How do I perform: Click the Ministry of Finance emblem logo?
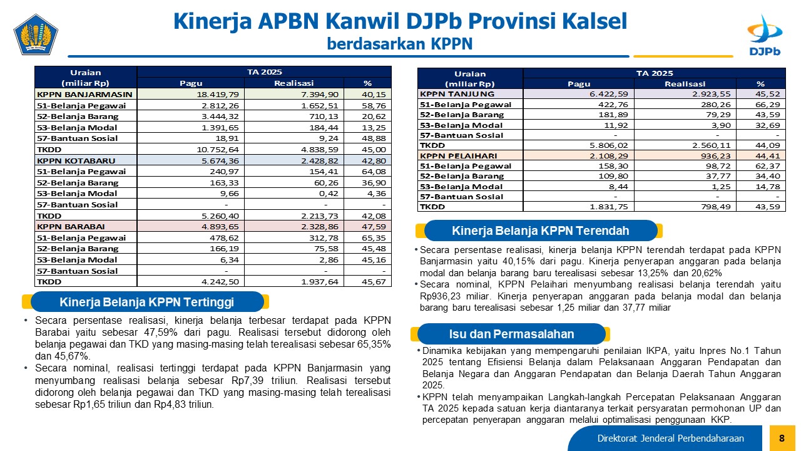36,34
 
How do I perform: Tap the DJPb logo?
765,35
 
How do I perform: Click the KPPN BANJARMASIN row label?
84,94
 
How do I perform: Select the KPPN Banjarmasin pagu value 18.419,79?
217,95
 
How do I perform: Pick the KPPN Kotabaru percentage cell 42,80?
374,161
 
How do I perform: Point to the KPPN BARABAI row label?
71,227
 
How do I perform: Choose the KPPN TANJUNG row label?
457,94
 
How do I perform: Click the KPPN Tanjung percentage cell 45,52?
768,94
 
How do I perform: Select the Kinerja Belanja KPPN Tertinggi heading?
146,302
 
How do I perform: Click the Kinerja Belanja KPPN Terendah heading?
540,231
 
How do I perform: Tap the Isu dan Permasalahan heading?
511,334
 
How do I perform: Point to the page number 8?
782,438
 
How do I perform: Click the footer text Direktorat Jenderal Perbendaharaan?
670,438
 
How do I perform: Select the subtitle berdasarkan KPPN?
400,44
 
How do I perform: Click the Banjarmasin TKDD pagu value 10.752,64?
217,149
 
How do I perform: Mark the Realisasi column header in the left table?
293,83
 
